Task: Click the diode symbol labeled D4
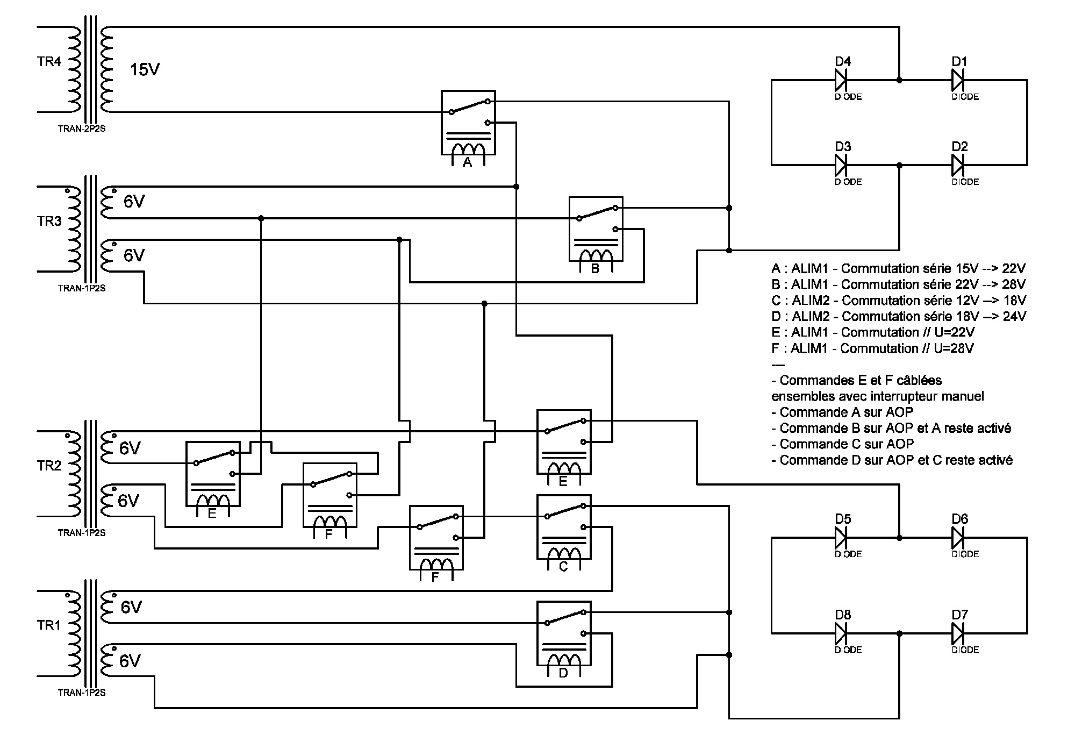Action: tap(841, 81)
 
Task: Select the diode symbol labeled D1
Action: tap(958, 81)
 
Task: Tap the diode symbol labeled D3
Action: tap(841, 165)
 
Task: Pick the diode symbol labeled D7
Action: tap(958, 633)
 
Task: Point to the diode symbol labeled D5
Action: tap(841, 537)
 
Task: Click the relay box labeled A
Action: tap(468, 123)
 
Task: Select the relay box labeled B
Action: tap(596, 229)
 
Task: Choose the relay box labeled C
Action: tap(564, 527)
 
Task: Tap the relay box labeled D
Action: tap(564, 633)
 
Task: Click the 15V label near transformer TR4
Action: tap(145, 70)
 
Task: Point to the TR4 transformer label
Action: tap(49, 62)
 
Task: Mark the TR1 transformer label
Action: tap(49, 625)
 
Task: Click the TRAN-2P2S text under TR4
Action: tap(82, 129)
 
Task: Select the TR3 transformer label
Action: tap(49, 221)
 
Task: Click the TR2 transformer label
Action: tap(49, 466)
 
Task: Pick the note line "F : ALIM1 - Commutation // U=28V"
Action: tap(872, 348)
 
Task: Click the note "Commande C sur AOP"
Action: tap(842, 444)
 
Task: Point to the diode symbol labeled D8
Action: tap(841, 633)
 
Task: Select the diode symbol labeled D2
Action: tap(958, 165)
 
